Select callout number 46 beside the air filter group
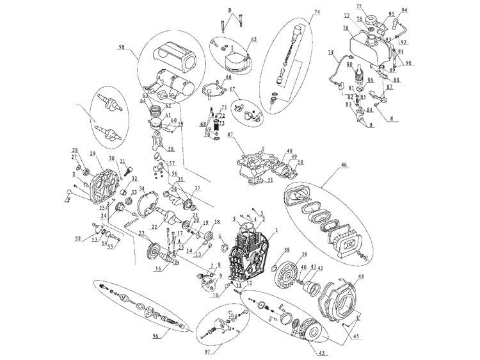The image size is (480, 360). point(345,165)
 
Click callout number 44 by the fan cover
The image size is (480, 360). point(360,276)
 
